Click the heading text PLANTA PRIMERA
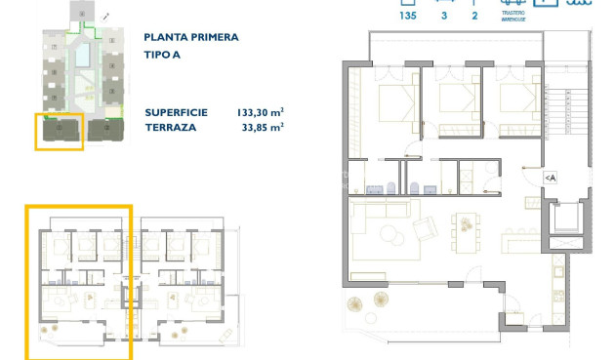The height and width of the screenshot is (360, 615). pos(190,38)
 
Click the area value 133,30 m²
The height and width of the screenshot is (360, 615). pos(260,112)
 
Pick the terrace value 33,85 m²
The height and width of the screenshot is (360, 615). pos(263,127)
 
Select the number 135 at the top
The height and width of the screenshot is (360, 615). pos(408,15)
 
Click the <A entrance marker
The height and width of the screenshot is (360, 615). pos(551,177)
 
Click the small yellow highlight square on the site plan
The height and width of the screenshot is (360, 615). pos(59,131)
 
